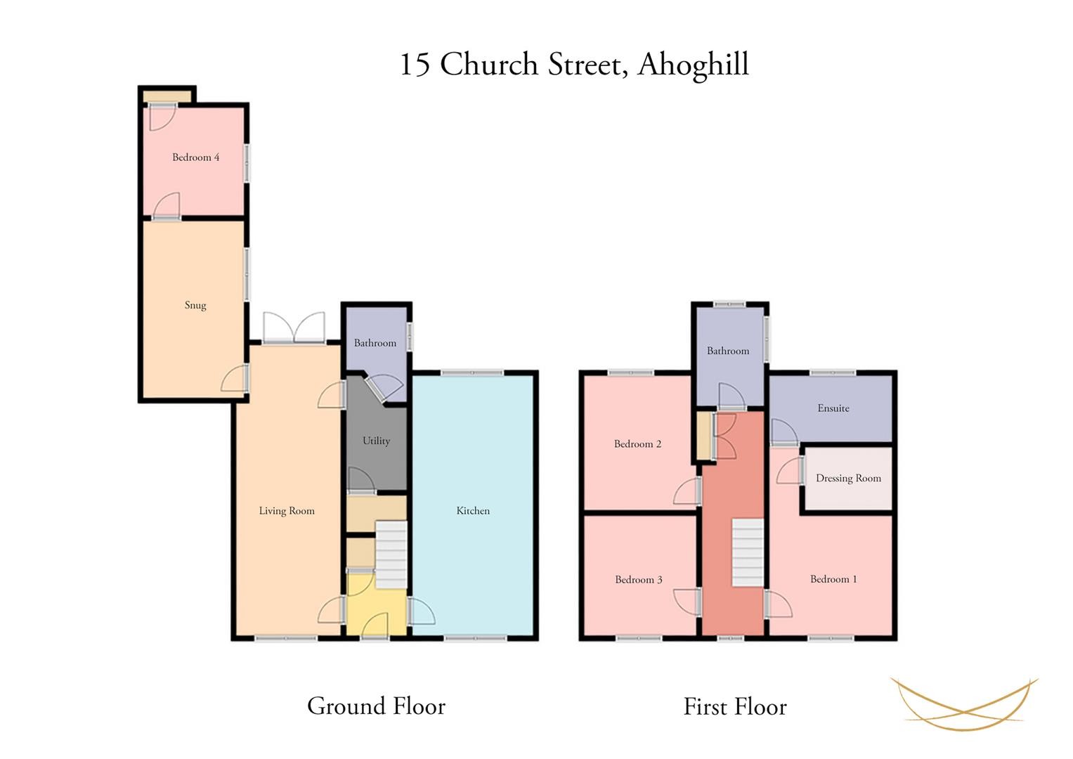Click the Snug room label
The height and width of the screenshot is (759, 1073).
(x=195, y=305)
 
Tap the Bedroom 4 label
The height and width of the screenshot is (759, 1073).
(x=196, y=157)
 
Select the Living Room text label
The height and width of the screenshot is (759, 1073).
(x=287, y=511)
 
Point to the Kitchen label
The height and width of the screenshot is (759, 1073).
(x=473, y=511)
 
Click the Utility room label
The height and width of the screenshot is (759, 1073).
(x=376, y=441)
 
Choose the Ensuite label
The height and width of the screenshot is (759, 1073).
(x=833, y=408)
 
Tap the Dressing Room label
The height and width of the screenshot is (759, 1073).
(x=848, y=478)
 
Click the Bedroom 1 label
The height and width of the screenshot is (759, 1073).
(x=833, y=579)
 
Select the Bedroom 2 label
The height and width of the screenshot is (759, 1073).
(x=637, y=443)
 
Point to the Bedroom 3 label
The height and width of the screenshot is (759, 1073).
(x=639, y=580)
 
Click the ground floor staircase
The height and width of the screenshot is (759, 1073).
(x=391, y=554)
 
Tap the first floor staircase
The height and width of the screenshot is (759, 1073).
(x=748, y=552)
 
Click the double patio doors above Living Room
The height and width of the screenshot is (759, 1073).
(x=294, y=327)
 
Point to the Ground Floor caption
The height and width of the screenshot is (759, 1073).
(x=377, y=706)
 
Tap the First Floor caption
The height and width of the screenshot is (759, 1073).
(x=735, y=707)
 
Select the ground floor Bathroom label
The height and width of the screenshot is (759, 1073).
(x=375, y=343)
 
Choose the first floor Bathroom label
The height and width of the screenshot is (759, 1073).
(x=728, y=351)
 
